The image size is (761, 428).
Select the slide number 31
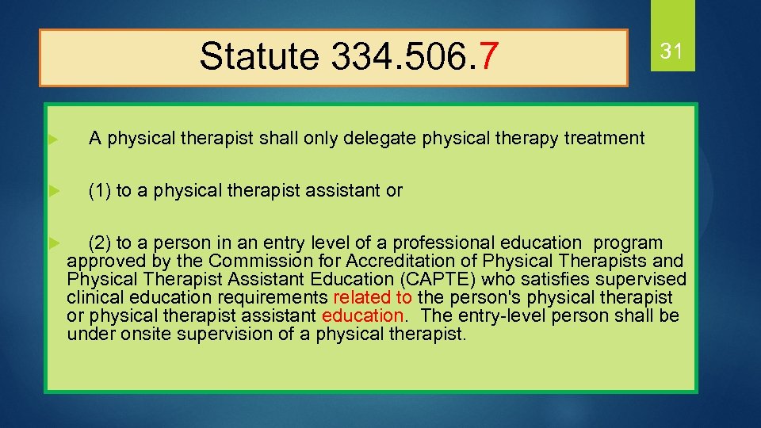tap(672, 52)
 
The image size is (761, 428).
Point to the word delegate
tap(383, 139)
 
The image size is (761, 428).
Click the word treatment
tap(604, 139)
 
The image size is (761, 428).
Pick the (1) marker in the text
tap(100, 190)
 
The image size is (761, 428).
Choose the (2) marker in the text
tap(100, 243)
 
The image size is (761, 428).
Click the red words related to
tap(373, 297)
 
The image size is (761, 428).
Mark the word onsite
tap(146, 334)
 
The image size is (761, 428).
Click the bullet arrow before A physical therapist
tap(53, 139)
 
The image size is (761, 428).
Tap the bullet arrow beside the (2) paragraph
tap(53, 241)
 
